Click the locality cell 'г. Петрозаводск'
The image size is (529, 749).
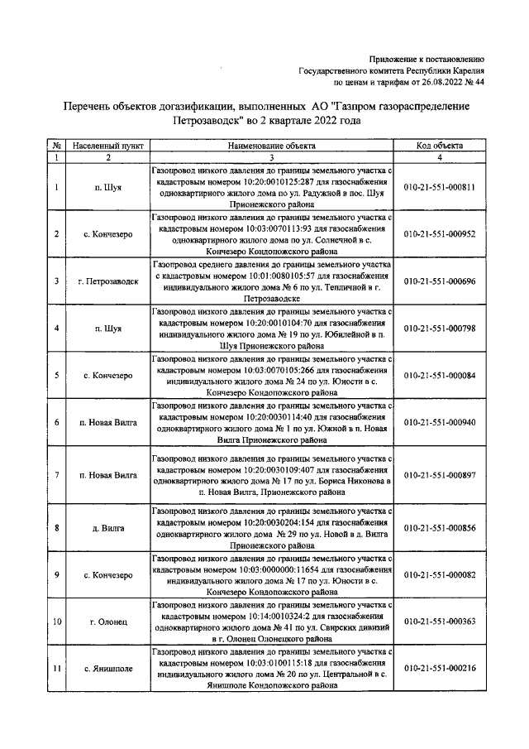pos(108,281)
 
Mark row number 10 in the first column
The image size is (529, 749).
pos(56,621)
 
